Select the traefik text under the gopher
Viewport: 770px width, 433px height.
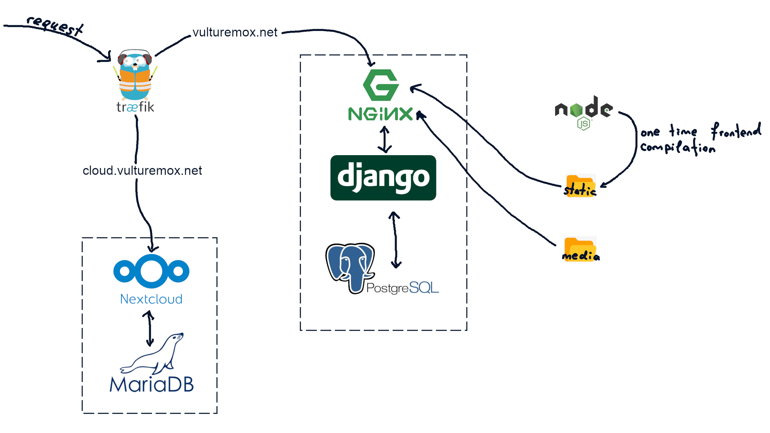(x=135, y=107)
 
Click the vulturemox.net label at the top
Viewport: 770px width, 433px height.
(x=235, y=32)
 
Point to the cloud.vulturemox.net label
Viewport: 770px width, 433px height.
(x=142, y=171)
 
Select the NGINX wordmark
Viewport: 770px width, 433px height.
(x=380, y=114)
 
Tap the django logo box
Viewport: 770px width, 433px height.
(x=383, y=178)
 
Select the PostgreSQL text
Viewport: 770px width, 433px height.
(x=402, y=288)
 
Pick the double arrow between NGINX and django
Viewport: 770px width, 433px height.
(x=385, y=140)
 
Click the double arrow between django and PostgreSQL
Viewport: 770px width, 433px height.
(x=395, y=240)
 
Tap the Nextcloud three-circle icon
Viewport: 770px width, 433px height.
(x=151, y=271)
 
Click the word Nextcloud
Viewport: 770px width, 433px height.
(x=151, y=299)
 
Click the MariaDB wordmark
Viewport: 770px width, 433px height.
(x=152, y=384)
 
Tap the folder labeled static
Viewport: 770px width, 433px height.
(x=580, y=186)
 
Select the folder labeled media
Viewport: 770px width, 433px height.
(x=580, y=249)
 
